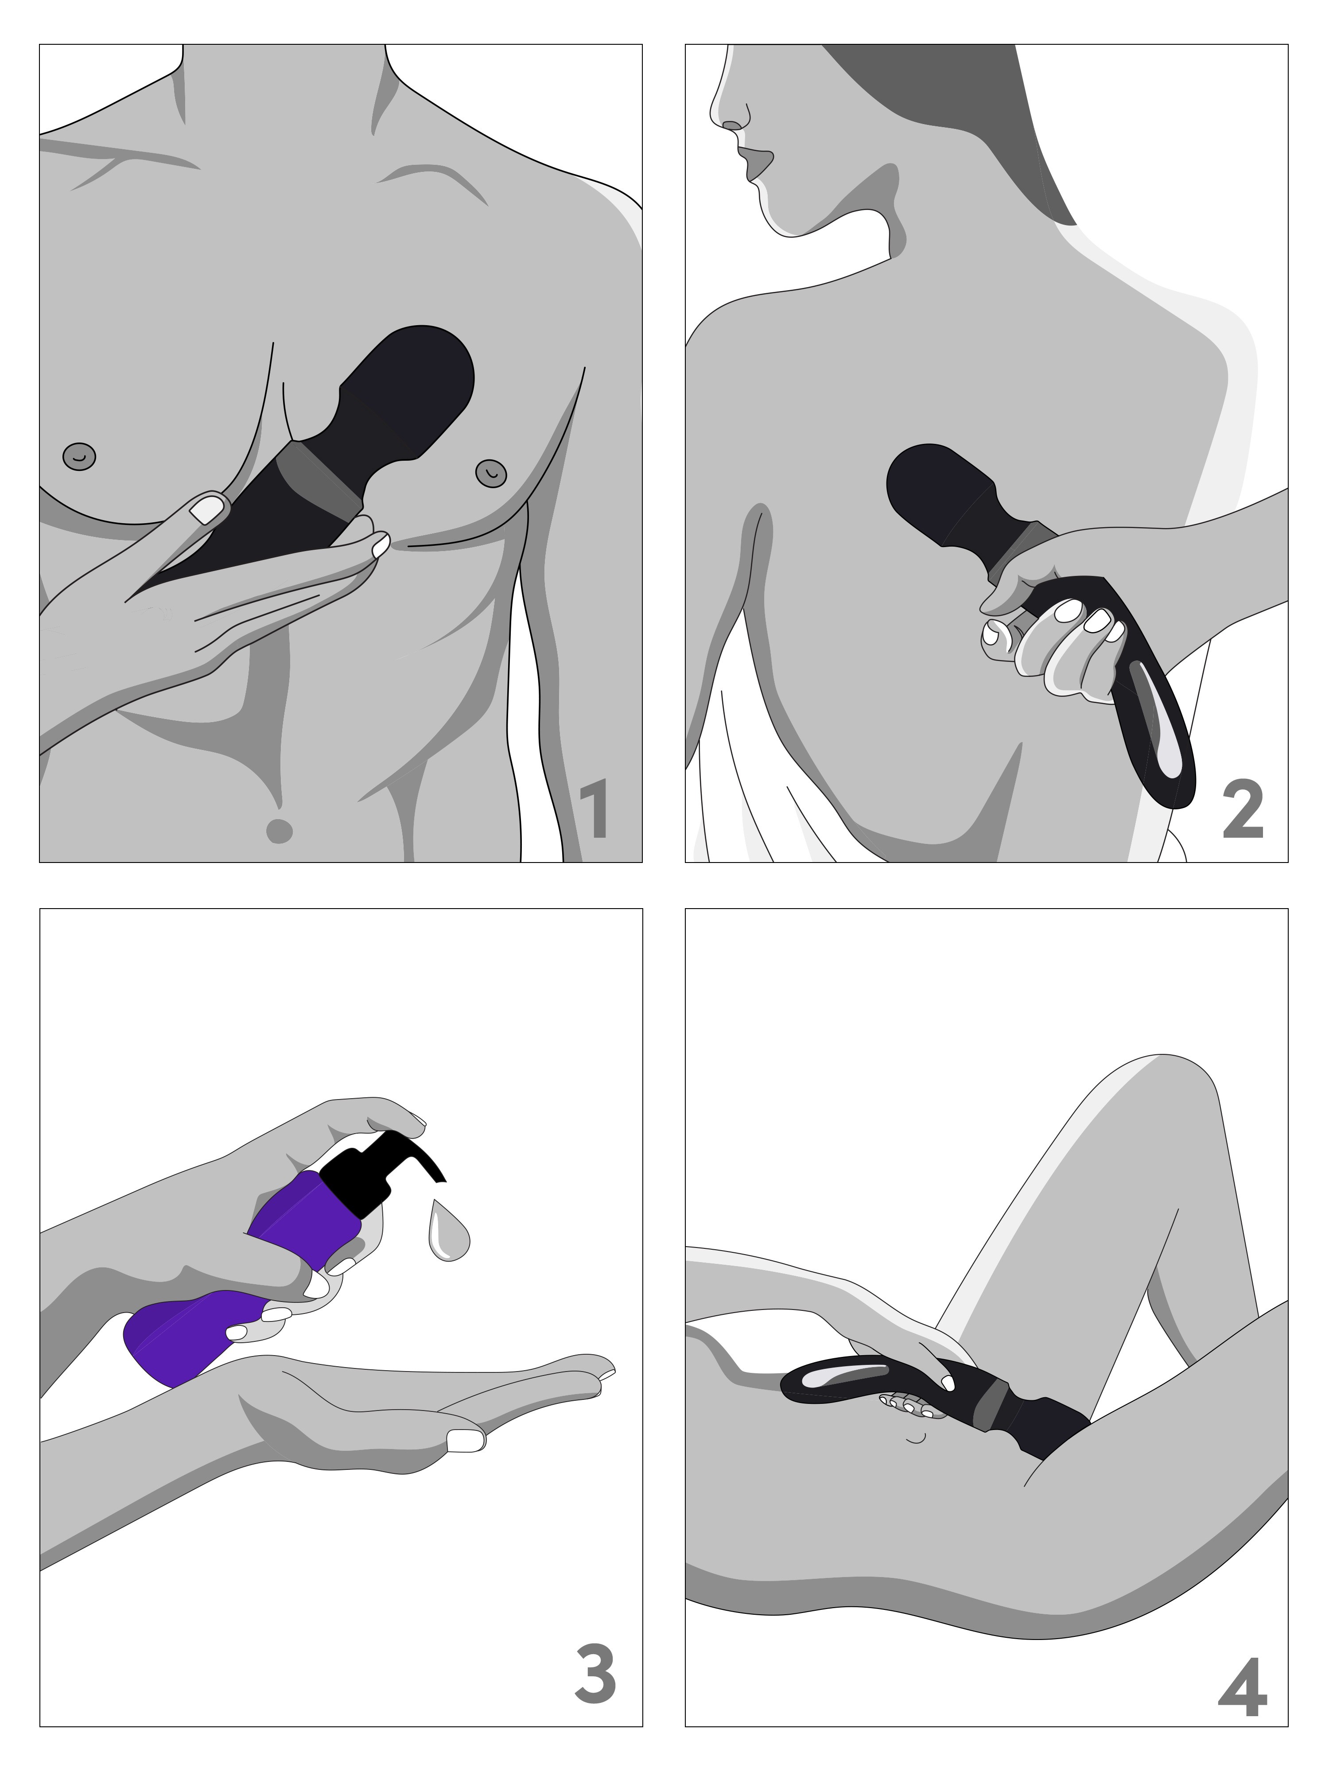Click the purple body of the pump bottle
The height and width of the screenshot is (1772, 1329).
[240, 1282]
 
